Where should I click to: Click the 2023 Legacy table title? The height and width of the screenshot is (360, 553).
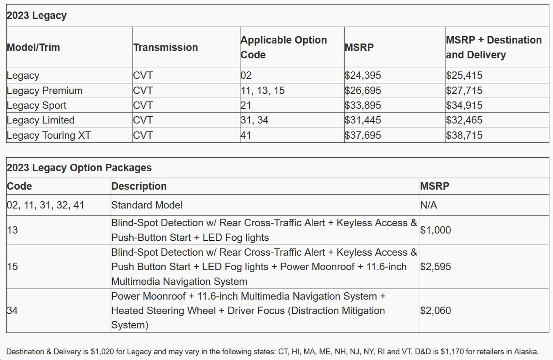click(37, 16)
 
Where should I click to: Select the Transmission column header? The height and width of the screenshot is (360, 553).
click(166, 47)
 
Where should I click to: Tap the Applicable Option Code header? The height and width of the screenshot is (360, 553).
click(283, 47)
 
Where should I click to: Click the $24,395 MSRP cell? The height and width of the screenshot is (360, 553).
click(363, 76)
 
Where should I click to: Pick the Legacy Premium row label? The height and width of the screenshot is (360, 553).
click(45, 91)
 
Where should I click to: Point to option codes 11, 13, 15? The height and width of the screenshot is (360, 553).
click(262, 91)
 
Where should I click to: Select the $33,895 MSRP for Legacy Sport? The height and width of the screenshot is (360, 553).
click(363, 105)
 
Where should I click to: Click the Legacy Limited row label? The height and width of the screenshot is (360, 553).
click(41, 120)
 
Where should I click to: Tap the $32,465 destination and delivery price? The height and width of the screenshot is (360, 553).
click(464, 120)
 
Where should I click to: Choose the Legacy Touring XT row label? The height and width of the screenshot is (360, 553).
click(49, 135)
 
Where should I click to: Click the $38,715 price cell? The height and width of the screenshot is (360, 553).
click(464, 135)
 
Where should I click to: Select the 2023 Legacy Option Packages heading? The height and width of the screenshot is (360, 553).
click(79, 168)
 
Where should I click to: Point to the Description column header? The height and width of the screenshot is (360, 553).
click(139, 186)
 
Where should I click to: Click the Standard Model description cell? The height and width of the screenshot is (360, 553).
click(147, 205)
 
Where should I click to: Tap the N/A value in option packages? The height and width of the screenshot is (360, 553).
click(429, 205)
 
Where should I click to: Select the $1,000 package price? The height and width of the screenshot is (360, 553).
click(435, 230)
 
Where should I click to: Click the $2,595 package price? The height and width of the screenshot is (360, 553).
click(435, 267)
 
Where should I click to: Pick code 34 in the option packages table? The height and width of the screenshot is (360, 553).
click(12, 310)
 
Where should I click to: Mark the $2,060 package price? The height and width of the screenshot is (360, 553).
click(435, 310)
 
